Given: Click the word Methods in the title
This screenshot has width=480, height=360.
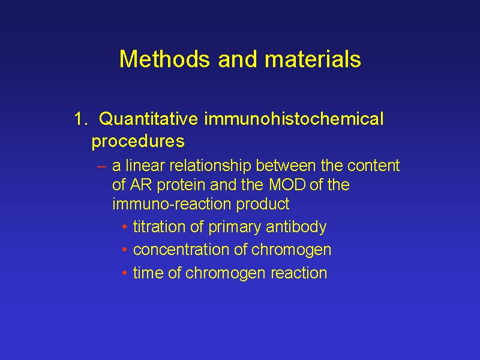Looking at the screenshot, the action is pos(164,59).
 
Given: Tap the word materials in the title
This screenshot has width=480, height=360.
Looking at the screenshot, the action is pos(313,59).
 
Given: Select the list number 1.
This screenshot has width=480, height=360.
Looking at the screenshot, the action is pos(80,119).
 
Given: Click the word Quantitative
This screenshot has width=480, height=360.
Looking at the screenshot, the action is pos(148,119).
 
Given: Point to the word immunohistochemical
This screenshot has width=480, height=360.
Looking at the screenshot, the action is pos(294,119).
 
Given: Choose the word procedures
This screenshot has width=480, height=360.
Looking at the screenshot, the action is pos(138,142).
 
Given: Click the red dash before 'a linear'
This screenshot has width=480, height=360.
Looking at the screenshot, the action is pos(101,167).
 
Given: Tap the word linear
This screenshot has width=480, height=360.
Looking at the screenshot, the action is pos(145,166).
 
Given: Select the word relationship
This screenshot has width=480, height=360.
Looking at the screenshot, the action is pos(211,166).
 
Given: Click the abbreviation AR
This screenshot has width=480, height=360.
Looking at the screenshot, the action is pos(141,185).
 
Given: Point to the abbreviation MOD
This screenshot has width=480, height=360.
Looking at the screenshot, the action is pos(287,185).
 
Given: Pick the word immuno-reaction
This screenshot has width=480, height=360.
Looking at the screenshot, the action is pos(172,204).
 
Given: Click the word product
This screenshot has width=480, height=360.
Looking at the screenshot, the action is pos(263,205).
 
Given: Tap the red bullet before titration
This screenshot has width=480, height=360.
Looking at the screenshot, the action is pos(124,227).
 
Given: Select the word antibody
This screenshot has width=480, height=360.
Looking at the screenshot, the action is pos(296,227).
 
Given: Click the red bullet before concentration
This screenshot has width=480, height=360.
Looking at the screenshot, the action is pos(124,250).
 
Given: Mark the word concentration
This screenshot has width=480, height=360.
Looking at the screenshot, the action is pos(181,250).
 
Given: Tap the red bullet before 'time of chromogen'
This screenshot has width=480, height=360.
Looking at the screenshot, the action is pos(124,273).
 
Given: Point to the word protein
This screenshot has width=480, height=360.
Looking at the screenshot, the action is pos(181,185).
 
